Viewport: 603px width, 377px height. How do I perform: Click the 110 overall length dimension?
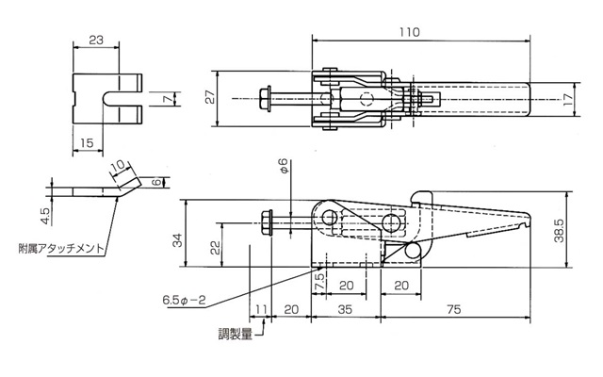[x=409, y=32]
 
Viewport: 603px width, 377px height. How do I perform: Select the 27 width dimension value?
[x=210, y=97]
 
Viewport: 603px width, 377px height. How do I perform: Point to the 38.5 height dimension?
[x=560, y=230]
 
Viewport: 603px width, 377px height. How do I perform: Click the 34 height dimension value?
[x=177, y=240]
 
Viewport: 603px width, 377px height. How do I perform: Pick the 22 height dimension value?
[x=216, y=247]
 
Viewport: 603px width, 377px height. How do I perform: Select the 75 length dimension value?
[x=454, y=309]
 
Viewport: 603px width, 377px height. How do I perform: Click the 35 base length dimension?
[x=345, y=309]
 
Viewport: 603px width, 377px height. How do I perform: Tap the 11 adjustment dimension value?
[x=260, y=309]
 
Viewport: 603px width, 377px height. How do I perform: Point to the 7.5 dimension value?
[x=319, y=282]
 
